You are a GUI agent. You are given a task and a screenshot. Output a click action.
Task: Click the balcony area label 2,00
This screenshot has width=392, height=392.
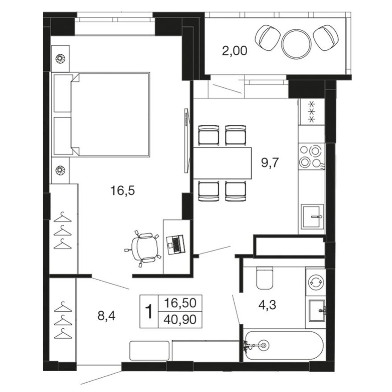[234, 51]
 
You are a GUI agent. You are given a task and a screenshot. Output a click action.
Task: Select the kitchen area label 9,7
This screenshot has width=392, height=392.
[270, 163]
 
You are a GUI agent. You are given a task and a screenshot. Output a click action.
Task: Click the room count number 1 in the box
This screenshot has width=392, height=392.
[149, 311]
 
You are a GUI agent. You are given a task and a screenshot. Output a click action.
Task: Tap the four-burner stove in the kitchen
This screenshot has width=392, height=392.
[311, 156]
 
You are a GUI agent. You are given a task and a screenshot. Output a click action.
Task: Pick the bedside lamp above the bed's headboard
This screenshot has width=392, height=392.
[60, 58]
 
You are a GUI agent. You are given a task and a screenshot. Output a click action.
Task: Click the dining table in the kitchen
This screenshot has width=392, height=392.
[222, 163]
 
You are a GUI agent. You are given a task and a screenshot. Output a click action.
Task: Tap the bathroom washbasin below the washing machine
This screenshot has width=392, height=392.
[317, 308]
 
